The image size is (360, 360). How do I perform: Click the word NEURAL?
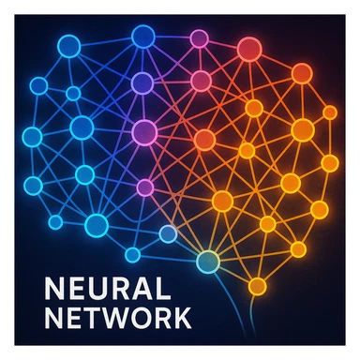pos(96,287)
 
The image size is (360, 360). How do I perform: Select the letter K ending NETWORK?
pos(180,316)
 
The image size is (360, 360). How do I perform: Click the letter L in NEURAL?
pos(159,287)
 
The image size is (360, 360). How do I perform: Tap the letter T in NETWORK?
pos(82,316)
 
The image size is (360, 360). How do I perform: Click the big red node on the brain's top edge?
pos(248,49)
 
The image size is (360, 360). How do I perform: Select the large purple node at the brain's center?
pos(144,132)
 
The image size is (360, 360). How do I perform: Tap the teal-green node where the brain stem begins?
pos(207,261)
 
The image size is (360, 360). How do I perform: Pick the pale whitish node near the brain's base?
pos(168,234)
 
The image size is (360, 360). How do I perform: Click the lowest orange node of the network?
pos(258,285)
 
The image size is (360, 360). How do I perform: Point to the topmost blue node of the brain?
pos(142,37)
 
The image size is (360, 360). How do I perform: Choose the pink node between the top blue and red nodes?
pos(199,38)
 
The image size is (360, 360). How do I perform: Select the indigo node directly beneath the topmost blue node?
pos(142,83)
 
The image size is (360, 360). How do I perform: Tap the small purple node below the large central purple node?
pos(144,187)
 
